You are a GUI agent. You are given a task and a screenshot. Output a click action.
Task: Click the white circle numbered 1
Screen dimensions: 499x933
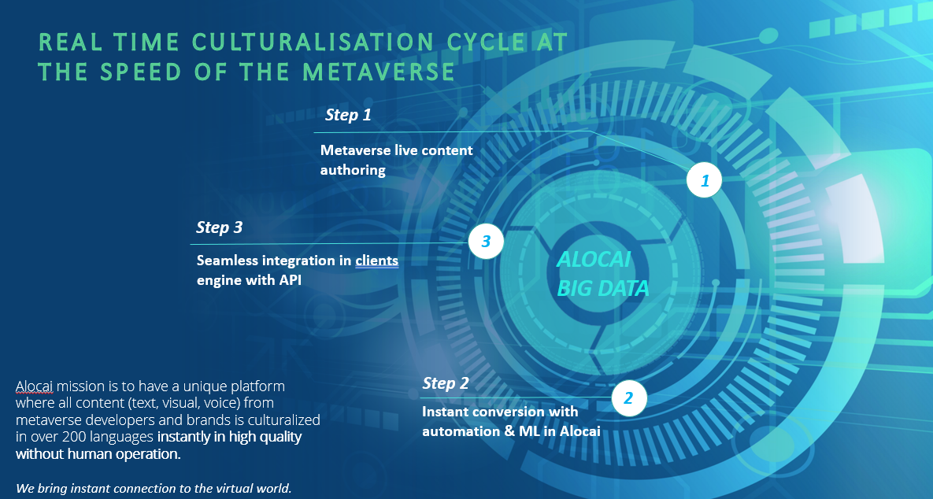tap(705, 181)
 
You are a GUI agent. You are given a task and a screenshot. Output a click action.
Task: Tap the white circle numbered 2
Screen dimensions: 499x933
tap(628, 398)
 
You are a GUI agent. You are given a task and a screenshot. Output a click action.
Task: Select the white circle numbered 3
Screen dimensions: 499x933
tap(486, 242)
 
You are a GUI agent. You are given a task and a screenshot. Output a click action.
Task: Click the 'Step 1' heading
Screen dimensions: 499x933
tap(348, 115)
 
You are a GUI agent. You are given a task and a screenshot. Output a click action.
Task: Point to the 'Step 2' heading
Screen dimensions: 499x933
tap(446, 383)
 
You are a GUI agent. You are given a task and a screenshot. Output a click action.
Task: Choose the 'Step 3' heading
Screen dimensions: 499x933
tap(220, 227)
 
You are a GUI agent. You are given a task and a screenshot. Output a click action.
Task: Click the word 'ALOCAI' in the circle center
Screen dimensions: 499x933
tap(594, 260)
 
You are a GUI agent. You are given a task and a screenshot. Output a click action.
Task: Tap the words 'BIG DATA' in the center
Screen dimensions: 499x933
tap(603, 289)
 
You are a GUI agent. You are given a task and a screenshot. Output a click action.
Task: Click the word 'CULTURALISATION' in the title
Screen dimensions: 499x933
tap(314, 42)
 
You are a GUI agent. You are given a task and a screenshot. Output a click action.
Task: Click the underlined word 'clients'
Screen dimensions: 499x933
tap(376, 260)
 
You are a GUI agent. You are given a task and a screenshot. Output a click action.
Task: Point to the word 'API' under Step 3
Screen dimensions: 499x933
tap(288, 279)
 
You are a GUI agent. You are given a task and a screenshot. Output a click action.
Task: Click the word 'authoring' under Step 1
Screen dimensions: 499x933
tap(353, 169)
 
